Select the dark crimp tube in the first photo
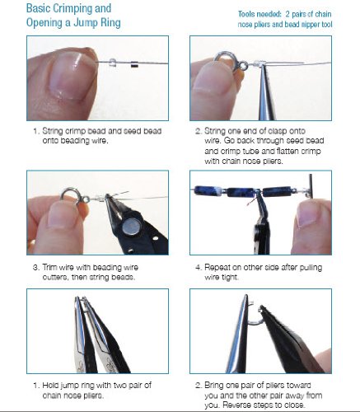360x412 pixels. tap(134, 64)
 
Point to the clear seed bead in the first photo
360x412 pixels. tap(113, 63)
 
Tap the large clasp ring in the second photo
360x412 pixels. tap(223, 61)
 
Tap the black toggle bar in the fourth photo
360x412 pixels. tap(311, 185)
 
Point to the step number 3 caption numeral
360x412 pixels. tap(35, 267)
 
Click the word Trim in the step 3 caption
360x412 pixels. tap(49, 267)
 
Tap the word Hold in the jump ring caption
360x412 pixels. tap(50, 386)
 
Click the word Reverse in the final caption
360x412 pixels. tap(236, 405)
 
